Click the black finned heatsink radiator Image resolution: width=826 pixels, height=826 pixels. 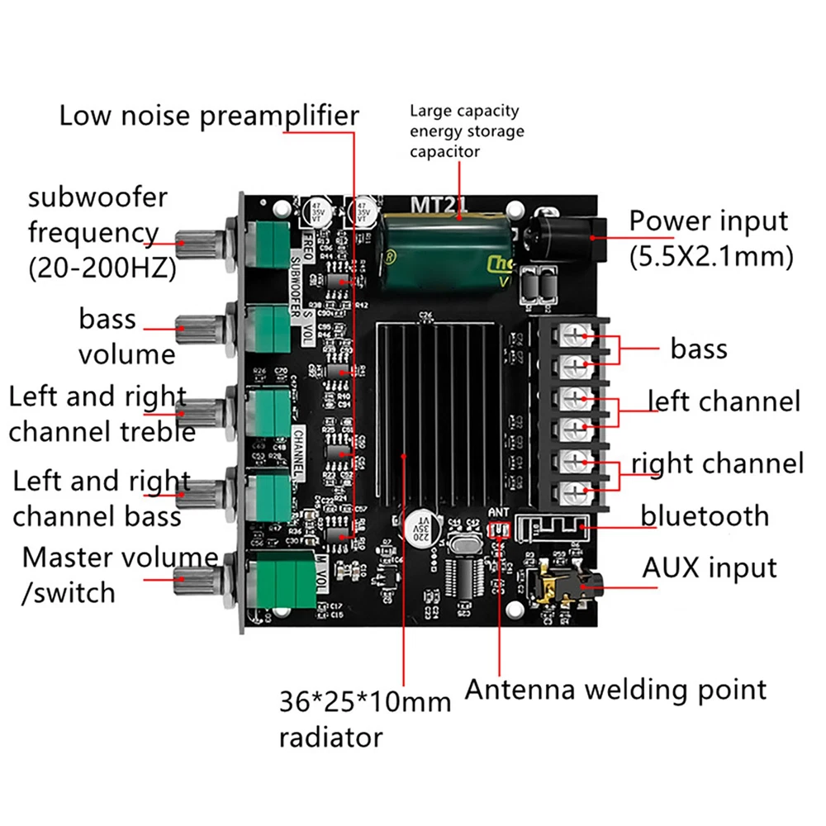tap(434, 413)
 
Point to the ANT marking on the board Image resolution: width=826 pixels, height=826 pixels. tap(500, 512)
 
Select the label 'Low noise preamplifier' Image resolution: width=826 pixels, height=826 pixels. tap(209, 116)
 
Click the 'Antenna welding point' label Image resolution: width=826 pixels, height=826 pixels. tap(615, 689)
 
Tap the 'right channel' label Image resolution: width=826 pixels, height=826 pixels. tap(717, 463)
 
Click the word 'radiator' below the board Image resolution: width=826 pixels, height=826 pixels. tap(330, 736)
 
